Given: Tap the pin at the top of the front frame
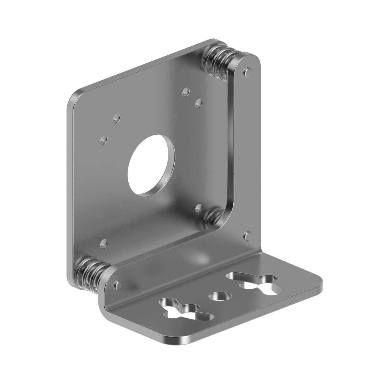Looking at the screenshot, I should (247, 71).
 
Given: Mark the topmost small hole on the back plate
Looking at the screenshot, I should (186, 91).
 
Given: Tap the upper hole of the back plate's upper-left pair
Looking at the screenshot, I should (116, 118).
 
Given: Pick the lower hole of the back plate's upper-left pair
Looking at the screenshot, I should (104, 139).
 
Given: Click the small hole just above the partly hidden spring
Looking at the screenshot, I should (199, 207).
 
